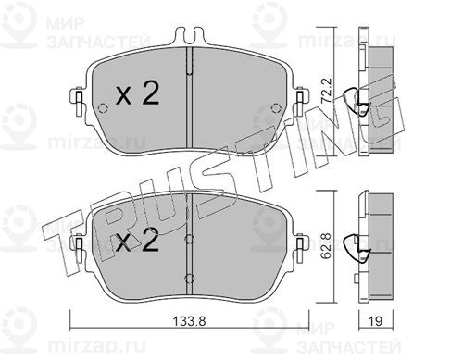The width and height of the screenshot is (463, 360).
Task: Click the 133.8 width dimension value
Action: (189, 321)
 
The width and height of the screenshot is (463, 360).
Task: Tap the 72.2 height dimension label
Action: (326, 91)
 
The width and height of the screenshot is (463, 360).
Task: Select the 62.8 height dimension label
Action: (326, 245)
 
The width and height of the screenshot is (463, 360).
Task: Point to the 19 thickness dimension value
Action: (375, 321)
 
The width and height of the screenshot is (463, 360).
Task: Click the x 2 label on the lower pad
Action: (137, 240)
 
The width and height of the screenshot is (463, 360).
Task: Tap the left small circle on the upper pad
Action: (103, 108)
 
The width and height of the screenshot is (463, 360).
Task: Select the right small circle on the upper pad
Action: (276, 107)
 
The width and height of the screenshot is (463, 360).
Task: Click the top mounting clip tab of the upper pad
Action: (189, 35)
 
